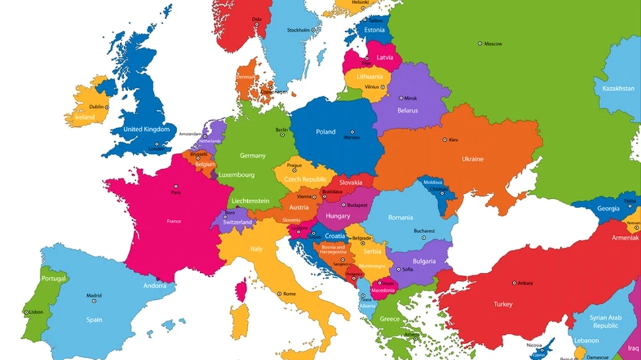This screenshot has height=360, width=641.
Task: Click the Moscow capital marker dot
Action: [x=480, y=44]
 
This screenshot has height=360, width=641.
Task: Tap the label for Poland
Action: [x=325, y=132]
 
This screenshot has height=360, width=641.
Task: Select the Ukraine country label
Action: [x=472, y=159]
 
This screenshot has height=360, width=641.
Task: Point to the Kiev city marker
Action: [x=445, y=140]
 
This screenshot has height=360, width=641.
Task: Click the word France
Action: [x=174, y=221]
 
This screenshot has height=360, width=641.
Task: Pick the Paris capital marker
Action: [x=176, y=186]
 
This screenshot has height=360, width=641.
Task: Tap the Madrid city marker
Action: [x=94, y=301]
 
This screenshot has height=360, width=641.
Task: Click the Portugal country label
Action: [x=54, y=279]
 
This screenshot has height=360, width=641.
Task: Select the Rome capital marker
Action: [x=278, y=293]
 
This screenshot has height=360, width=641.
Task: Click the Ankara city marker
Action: [x=513, y=283]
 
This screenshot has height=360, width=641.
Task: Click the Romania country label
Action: [x=400, y=217]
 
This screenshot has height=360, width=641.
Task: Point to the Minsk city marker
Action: [x=399, y=98]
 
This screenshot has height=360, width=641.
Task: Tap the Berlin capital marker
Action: [x=282, y=135]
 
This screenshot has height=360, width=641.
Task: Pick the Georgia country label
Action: [x=608, y=208]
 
